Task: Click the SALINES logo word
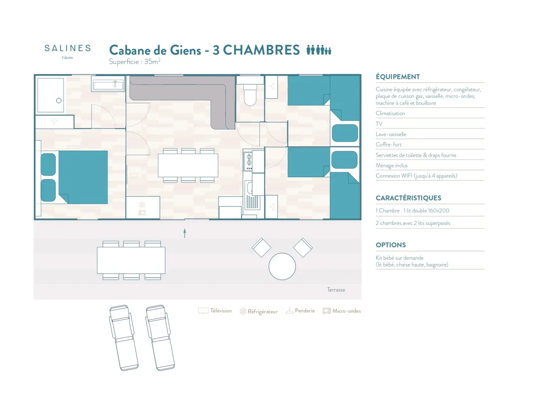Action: click(x=67, y=48)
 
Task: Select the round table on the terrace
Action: click(x=282, y=267)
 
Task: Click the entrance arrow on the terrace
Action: click(x=185, y=233)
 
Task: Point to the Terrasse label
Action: click(x=336, y=290)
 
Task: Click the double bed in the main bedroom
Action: click(x=83, y=177)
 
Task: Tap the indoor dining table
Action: click(x=188, y=165)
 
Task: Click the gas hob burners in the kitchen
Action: click(x=249, y=160)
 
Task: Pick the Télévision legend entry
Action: click(x=215, y=311)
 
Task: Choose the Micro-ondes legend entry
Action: click(x=342, y=311)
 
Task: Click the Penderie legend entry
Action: click(x=300, y=311)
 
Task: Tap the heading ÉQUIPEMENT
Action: click(x=398, y=77)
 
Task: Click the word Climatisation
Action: click(x=390, y=113)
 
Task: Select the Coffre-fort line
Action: click(x=389, y=145)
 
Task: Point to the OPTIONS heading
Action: click(x=391, y=245)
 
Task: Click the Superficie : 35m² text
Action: click(x=135, y=61)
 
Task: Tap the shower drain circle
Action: click(x=59, y=100)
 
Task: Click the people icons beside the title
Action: click(x=319, y=50)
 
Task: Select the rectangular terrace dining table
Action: click(x=131, y=260)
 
